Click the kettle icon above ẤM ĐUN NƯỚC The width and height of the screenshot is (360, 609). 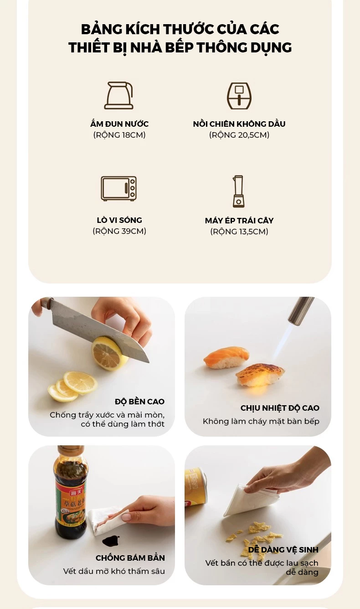point(119,95)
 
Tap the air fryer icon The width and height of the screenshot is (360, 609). point(239,96)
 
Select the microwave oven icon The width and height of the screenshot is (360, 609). point(119,189)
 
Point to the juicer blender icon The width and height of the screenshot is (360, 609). point(238,191)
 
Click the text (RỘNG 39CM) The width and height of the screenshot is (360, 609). point(119,231)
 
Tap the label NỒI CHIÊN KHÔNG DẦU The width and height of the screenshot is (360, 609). point(239,124)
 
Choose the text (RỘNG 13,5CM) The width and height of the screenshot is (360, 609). point(239,232)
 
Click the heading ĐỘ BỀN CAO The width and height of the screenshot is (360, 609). point(139,402)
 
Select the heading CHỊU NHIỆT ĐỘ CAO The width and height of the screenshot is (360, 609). point(280,408)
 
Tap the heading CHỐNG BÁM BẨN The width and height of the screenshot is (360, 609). point(130,558)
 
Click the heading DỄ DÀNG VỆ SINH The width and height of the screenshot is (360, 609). point(283,550)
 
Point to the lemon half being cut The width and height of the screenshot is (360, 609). point(108,353)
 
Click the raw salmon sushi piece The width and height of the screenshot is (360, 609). point(226,357)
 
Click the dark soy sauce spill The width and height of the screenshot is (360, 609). point(111,541)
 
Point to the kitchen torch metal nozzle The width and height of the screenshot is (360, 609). point(301,310)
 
